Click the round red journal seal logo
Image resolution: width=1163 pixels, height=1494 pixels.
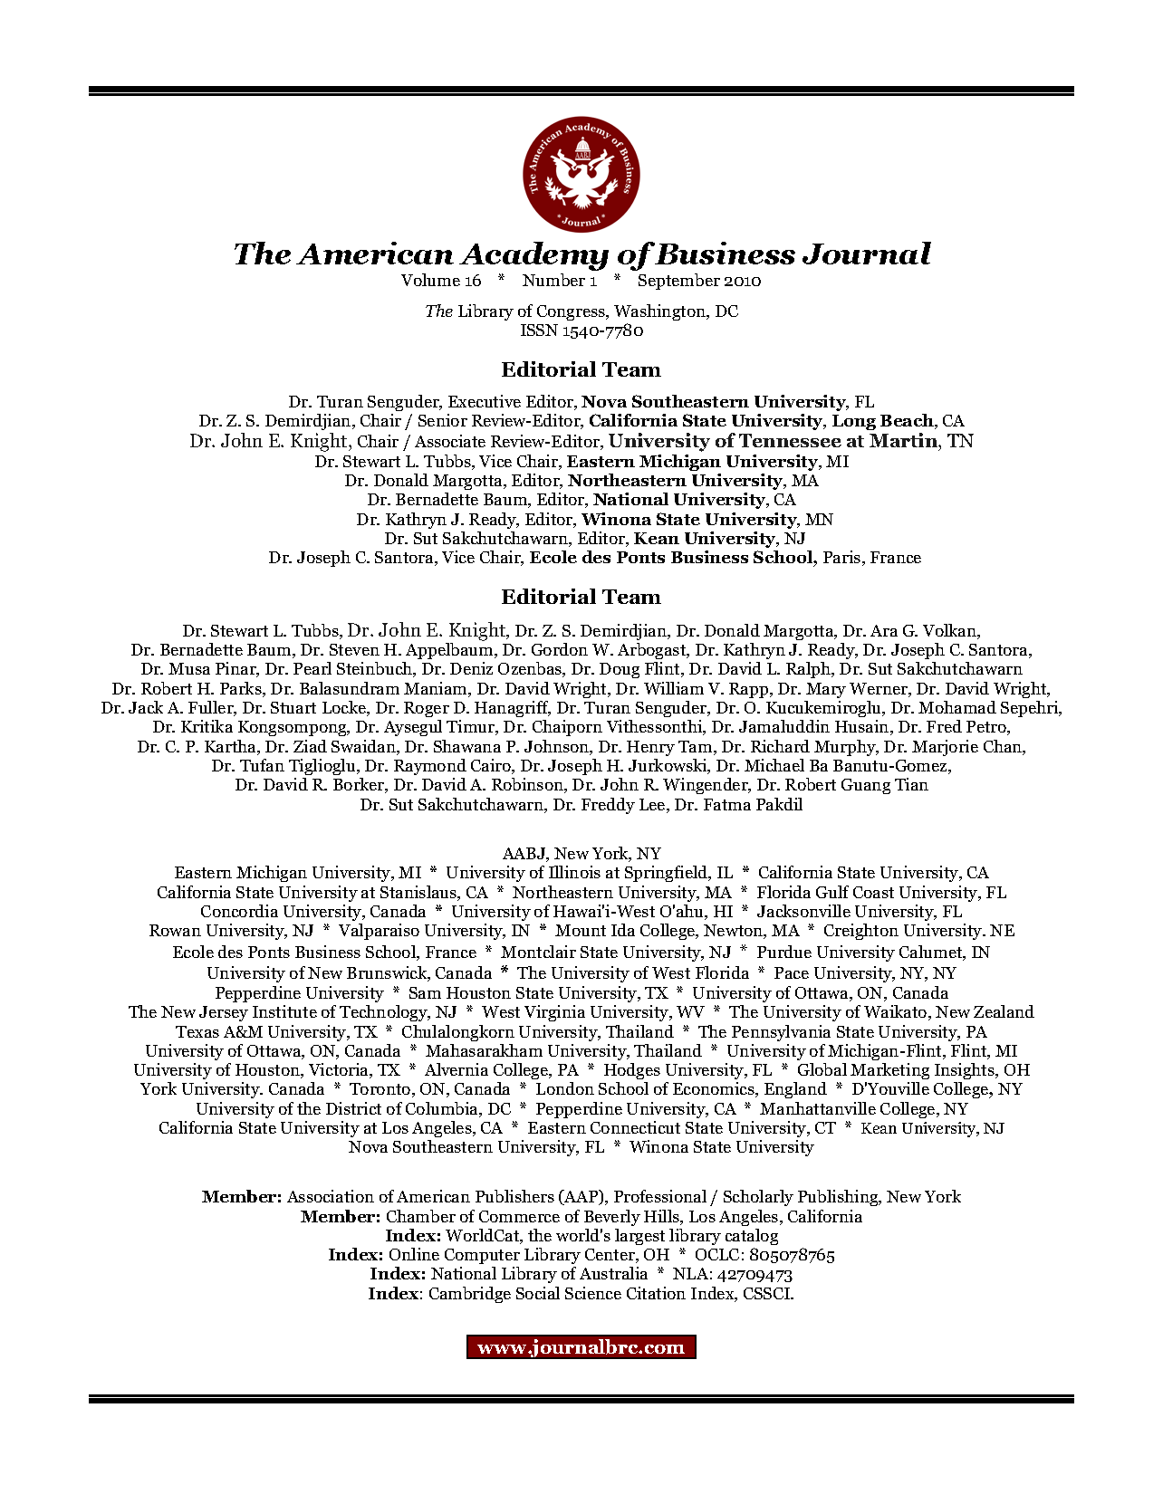click(x=581, y=173)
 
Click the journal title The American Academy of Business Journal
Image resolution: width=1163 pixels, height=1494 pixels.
click(x=581, y=254)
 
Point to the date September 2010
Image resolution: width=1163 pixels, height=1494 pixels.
click(x=698, y=281)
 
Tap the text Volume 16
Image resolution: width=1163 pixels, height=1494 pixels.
click(x=441, y=281)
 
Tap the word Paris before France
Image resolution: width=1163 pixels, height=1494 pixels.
click(x=841, y=558)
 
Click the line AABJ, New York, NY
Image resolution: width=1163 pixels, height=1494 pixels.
click(x=581, y=854)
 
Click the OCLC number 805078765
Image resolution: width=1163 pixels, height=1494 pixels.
click(x=792, y=1256)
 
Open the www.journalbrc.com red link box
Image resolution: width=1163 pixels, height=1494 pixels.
click(x=581, y=1347)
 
